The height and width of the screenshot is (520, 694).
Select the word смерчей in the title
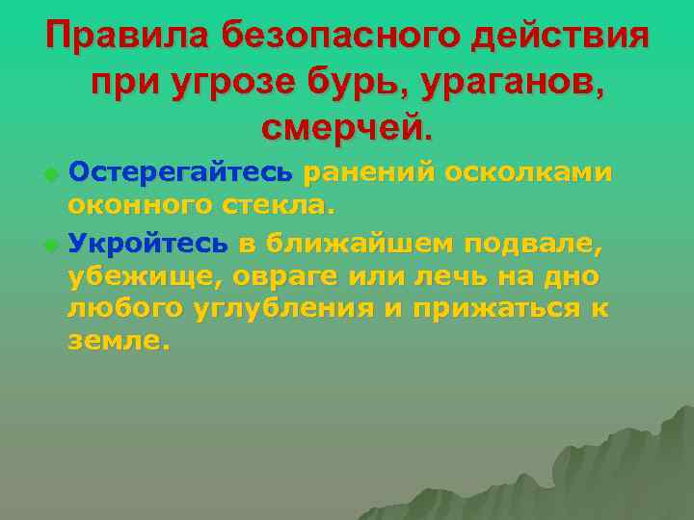pos(343,126)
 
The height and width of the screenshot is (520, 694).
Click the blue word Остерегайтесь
pos(181,172)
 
